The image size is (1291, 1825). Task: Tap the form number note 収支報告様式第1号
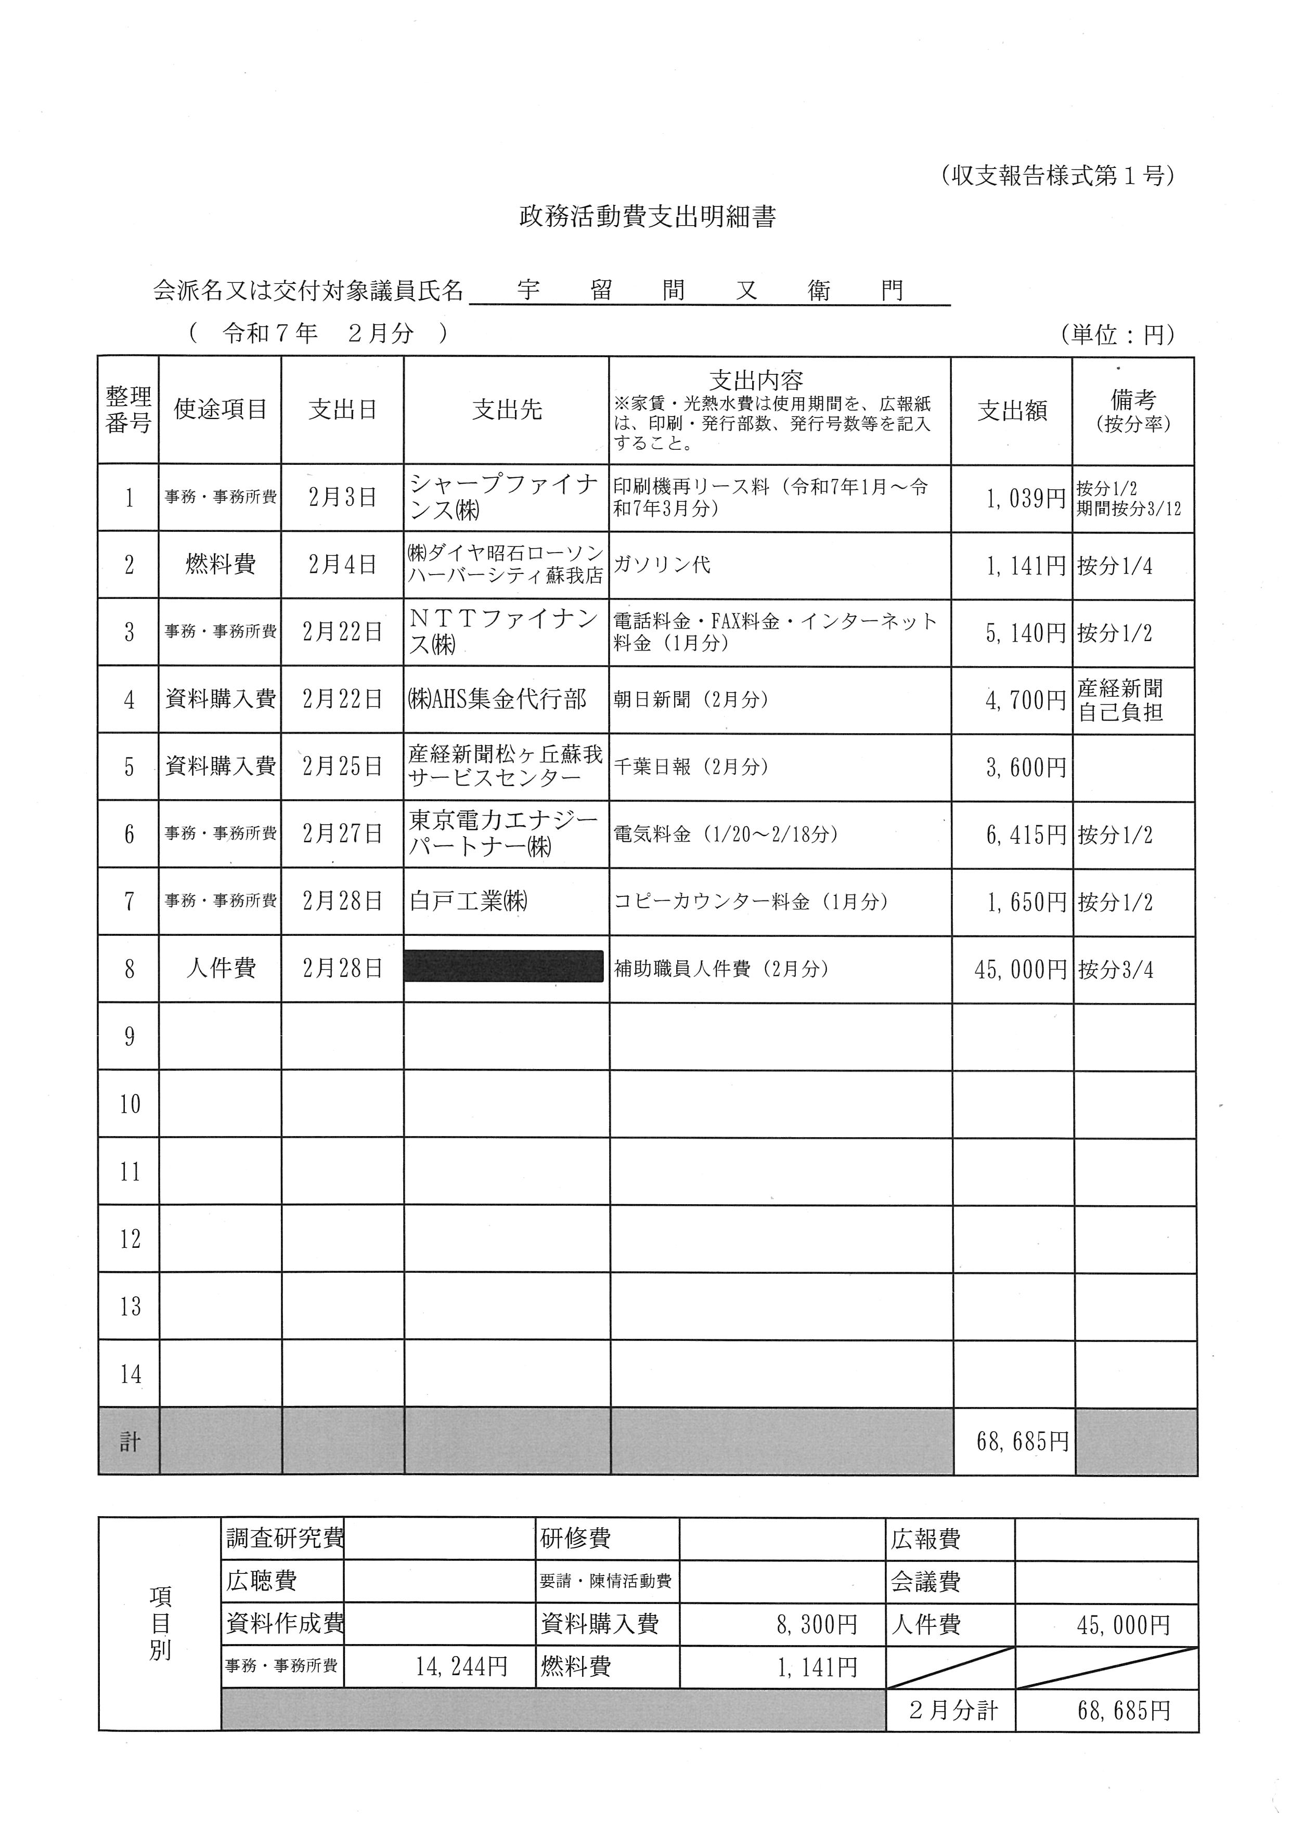pyautogui.click(x=1056, y=176)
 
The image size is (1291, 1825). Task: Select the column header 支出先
pyautogui.click(x=507, y=410)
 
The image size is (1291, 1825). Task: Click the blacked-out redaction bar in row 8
pyautogui.click(x=504, y=967)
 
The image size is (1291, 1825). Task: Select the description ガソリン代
pyautogui.click(x=662, y=565)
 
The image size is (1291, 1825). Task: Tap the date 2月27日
pyautogui.click(x=343, y=834)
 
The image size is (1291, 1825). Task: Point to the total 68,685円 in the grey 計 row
pyautogui.click(x=1022, y=1441)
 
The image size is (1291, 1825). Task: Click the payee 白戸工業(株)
pyautogui.click(x=469, y=902)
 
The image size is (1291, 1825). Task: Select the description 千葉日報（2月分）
pyautogui.click(x=691, y=767)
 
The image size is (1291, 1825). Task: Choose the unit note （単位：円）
pyautogui.click(x=1117, y=335)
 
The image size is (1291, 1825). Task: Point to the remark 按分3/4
pyautogui.click(x=1115, y=969)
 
